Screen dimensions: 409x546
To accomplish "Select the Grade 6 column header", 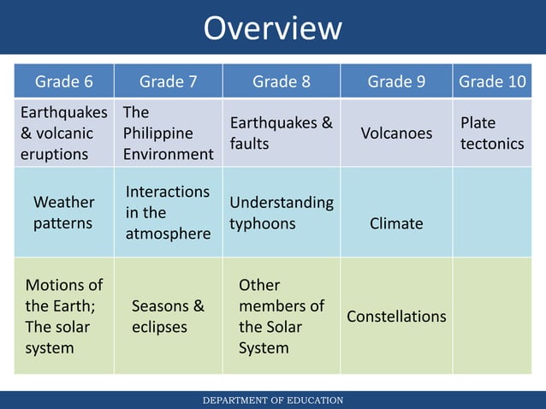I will (64, 81).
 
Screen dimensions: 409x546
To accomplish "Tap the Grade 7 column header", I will (169, 81).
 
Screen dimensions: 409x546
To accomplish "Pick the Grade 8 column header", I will (281, 81).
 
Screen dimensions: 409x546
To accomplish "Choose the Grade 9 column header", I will (396, 81).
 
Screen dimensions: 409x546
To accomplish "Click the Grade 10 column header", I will (492, 81).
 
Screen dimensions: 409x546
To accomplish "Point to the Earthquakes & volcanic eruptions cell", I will (63, 133).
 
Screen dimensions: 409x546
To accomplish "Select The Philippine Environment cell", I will (168, 133).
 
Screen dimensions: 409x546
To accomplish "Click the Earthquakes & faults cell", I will (281, 133).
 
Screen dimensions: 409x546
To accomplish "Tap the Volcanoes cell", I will (396, 133).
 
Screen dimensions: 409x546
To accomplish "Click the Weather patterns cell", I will (63, 212).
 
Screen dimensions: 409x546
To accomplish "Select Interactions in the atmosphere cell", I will (168, 212).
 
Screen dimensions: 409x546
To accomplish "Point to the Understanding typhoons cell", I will (281, 212).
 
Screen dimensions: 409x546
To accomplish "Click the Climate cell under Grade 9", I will (396, 223).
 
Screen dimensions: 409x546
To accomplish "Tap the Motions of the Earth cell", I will (63, 317).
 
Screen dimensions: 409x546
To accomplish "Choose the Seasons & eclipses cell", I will (168, 317).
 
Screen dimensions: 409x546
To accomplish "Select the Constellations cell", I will (396, 317).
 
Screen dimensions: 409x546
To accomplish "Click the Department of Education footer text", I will (272, 400).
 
